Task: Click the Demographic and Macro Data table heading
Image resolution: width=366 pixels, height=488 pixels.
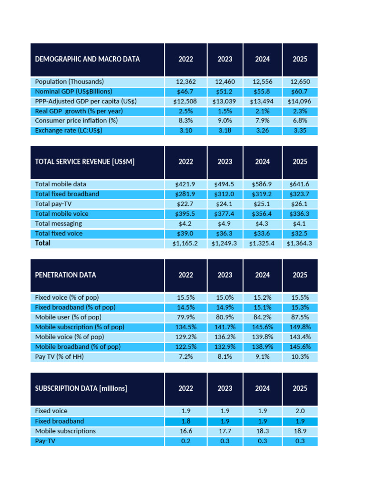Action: coord(88,59)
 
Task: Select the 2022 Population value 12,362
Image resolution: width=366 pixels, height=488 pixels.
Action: coord(186,81)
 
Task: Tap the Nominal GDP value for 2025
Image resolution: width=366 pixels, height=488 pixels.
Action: coord(300,91)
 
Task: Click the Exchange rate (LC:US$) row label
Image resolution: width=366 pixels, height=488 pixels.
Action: coord(69,130)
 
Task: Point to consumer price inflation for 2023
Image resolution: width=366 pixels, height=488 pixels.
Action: coord(225,121)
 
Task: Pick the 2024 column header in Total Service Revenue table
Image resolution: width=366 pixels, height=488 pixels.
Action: coord(262,162)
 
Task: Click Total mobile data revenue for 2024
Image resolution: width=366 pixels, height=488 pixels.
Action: coord(262,184)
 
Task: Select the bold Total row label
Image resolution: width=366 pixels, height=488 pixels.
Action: coord(43,243)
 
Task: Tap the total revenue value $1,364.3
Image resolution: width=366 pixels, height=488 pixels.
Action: coord(300,244)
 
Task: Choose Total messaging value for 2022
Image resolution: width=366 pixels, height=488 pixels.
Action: coord(186,224)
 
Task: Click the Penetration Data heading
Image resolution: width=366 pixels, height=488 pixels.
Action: coord(66,275)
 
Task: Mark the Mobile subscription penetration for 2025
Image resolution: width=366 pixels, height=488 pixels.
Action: coord(300,327)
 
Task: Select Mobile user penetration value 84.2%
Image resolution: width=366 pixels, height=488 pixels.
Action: coord(262,317)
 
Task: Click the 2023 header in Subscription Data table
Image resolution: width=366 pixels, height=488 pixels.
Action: coord(225,388)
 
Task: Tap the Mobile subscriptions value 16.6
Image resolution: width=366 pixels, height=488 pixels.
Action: coord(186,431)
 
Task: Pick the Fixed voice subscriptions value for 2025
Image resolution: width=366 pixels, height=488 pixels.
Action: coord(300,411)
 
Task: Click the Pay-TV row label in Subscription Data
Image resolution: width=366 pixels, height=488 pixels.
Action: coord(45,441)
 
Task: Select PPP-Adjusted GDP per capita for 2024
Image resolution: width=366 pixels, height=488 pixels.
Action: coord(262,101)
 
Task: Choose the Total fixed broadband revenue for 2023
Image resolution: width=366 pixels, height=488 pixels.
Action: coord(225,194)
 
